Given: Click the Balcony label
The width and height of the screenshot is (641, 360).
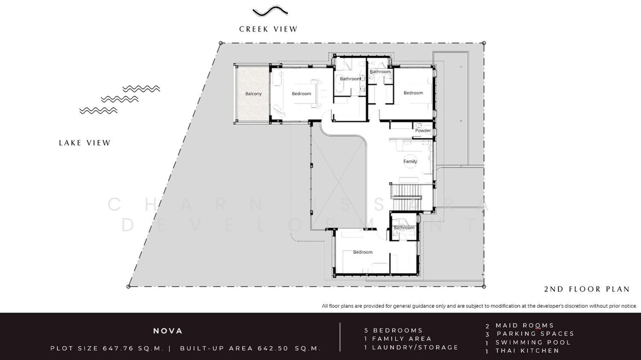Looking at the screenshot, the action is [253, 94].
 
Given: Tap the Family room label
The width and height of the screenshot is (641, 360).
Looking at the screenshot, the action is [410, 161].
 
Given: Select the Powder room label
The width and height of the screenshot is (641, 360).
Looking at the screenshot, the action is [423, 130].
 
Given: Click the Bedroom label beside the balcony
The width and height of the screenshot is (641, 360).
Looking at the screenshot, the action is [301, 94].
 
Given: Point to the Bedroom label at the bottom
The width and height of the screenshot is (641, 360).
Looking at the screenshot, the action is [362, 252].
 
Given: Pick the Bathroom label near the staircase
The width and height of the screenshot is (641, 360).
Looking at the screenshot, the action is [404, 228].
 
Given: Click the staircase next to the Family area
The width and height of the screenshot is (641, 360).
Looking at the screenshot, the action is [406, 198].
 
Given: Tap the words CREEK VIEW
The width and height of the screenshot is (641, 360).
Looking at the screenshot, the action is [268, 29].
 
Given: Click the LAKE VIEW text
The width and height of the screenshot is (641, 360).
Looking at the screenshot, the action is [85, 143].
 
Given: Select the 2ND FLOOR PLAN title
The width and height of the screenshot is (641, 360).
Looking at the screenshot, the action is [587, 289].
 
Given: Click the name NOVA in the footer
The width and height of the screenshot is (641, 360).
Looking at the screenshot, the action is [168, 331].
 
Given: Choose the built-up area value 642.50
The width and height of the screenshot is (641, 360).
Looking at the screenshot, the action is [273, 348].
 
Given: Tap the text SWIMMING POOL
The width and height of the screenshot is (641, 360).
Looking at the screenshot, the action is [533, 342].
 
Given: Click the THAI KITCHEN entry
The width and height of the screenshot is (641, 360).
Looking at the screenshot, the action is [527, 351].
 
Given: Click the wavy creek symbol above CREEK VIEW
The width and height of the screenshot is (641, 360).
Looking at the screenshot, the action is [270, 11].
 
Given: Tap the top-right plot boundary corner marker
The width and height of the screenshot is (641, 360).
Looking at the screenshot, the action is [484, 43].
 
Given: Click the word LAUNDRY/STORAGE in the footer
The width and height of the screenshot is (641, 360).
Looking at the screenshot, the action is [415, 348].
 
